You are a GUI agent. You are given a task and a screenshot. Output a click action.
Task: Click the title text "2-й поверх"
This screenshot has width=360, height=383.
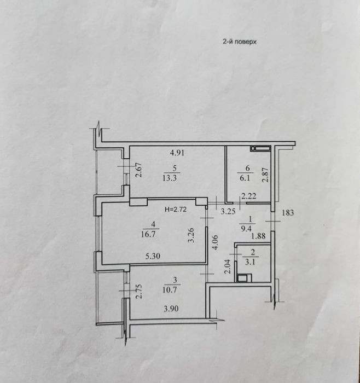pos(239,42)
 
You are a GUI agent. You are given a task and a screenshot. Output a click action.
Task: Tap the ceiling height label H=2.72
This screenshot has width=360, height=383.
pos(176,210)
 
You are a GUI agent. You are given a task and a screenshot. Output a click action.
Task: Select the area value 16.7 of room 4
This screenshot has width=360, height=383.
pos(148,235)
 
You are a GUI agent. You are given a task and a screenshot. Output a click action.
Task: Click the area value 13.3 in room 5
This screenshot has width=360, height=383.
pos(170,178)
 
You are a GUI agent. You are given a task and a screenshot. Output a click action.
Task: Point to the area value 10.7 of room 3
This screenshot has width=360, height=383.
pos(170,290)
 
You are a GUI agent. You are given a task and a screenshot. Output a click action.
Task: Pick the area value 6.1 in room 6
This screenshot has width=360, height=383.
pos(245,178)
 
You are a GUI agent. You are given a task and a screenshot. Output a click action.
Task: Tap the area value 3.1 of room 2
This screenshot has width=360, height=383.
pos(251,263)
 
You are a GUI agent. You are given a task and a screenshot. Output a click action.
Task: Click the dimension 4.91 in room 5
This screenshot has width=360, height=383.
pos(177,153)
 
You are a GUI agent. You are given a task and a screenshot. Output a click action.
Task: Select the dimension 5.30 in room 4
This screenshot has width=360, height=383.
pos(153,256)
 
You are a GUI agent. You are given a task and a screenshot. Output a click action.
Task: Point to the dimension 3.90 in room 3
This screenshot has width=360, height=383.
pos(171,309)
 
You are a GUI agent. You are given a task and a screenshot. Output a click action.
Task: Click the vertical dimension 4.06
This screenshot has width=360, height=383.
pos(215,242)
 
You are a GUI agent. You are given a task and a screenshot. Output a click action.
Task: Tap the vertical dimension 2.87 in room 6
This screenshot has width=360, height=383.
pos(265,175)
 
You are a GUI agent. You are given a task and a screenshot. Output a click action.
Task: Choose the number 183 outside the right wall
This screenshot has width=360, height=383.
pos(288,213)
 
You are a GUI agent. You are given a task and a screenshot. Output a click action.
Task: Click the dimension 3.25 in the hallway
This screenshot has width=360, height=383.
pos(228,212)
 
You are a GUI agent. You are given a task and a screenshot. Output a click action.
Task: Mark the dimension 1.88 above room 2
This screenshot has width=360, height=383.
pos(258,236)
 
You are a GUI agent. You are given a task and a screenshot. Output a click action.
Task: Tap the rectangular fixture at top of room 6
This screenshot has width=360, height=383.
pos(260,148)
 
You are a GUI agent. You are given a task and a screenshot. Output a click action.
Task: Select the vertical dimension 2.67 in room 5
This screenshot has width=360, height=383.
pos(139,170)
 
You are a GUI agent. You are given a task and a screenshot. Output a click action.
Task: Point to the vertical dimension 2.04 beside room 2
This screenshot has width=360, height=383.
pos(228,266)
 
